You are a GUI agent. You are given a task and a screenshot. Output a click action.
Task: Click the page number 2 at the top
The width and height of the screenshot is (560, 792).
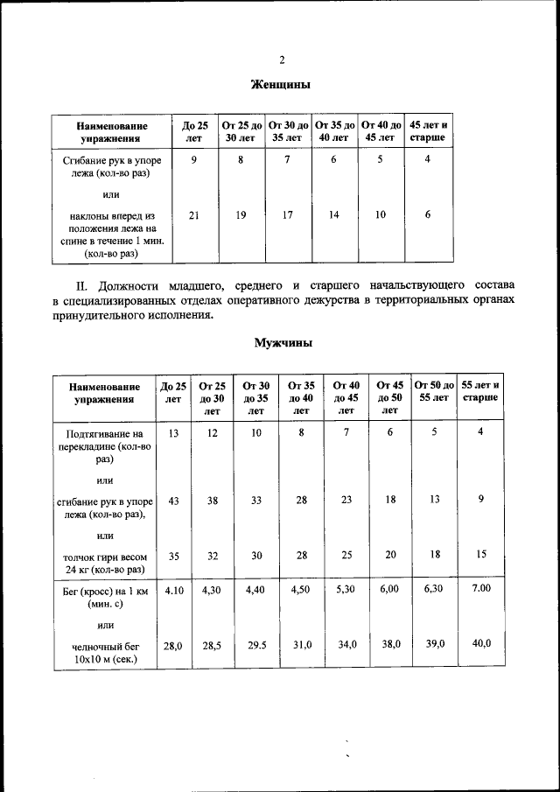click(282, 60)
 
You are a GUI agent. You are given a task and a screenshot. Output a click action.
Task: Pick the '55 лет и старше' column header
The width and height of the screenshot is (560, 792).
click(480, 391)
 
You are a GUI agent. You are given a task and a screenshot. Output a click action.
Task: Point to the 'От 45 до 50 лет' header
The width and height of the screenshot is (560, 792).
click(390, 397)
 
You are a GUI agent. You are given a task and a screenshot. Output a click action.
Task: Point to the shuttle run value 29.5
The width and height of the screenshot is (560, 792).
click(255, 644)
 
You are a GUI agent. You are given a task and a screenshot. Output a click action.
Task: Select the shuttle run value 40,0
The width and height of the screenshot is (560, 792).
click(481, 643)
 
